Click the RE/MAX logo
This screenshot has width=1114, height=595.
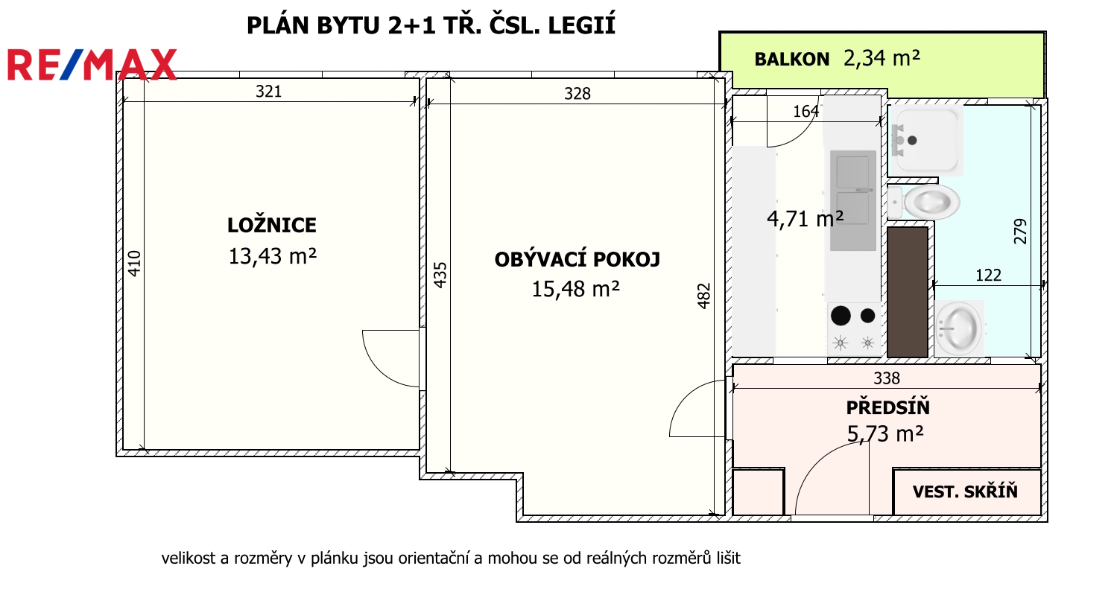pos(92,65)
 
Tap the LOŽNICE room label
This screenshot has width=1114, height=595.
pos(271,226)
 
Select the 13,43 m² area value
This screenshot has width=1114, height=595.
pos(273,256)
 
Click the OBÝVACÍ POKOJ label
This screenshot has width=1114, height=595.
pos(577,259)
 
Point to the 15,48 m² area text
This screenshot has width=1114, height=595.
pos(576,289)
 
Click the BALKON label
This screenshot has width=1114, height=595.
pos(792,59)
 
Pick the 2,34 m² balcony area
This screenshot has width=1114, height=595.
pos(882,58)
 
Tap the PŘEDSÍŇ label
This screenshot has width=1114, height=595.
pos(887,407)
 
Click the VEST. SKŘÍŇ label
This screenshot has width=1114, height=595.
pos(965,491)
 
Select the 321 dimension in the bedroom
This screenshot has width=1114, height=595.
pos(268,92)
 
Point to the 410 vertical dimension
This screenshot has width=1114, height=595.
pos(134,264)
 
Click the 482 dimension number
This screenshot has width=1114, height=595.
pos(703,296)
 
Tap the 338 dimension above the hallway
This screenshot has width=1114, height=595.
pos(887,379)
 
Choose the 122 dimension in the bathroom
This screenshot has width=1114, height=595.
pos(988,276)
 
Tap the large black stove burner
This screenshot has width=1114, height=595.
pos(841,316)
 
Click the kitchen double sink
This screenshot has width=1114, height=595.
pos(853,200)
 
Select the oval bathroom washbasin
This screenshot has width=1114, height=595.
pos(958,328)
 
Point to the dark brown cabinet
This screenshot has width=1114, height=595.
pos(908,292)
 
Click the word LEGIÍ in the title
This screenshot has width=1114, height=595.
pos(581,25)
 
